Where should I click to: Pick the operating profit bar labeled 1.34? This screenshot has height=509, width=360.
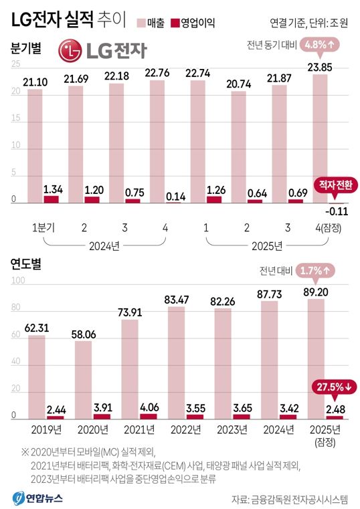52,199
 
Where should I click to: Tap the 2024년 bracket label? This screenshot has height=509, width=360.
104,244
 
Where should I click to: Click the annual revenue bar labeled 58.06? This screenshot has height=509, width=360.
84,380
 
